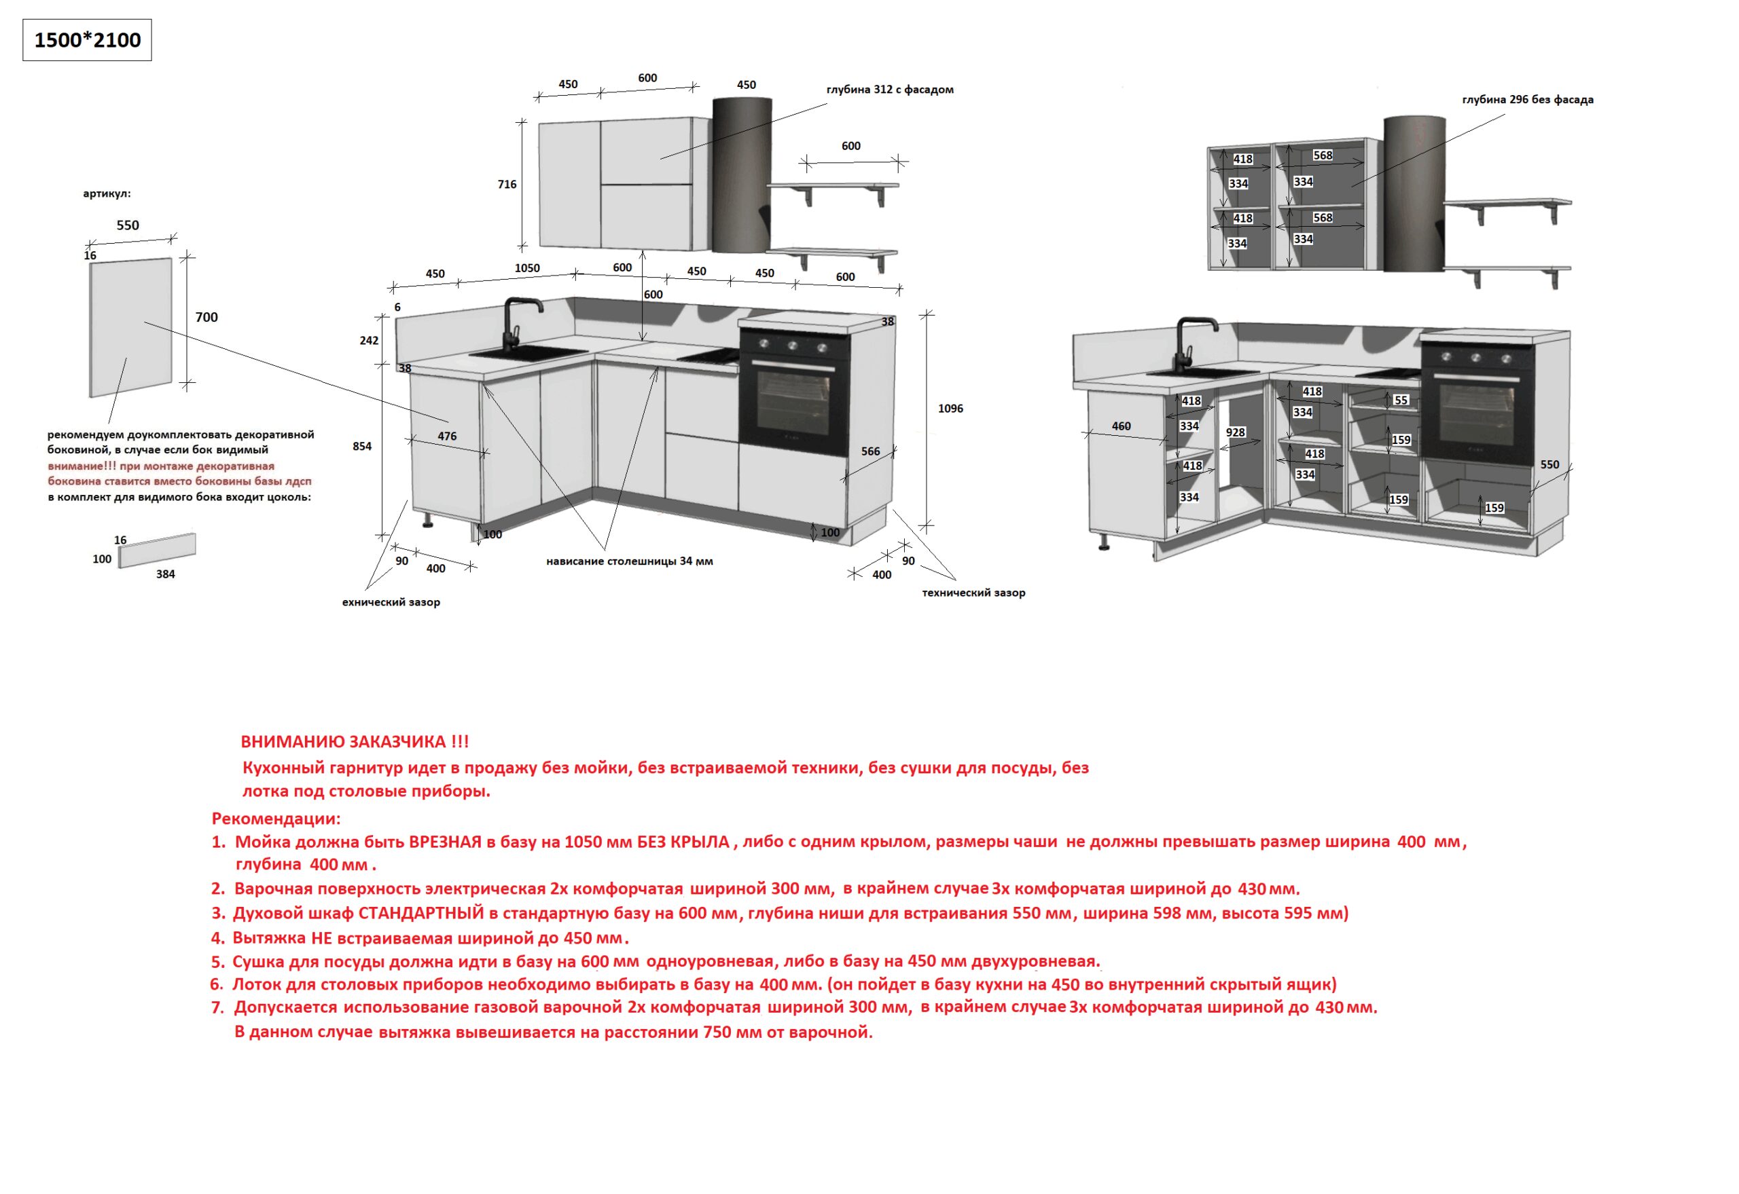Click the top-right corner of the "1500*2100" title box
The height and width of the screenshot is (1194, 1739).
(x=151, y=20)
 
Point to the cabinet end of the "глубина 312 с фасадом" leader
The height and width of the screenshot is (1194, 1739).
(x=660, y=159)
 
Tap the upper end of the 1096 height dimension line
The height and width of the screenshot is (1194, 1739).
(x=929, y=314)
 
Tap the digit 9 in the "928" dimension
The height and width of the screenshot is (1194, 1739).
(x=1228, y=432)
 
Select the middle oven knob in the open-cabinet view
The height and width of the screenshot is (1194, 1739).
(x=1475, y=358)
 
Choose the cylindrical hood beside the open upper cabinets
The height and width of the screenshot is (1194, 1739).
(x=1413, y=193)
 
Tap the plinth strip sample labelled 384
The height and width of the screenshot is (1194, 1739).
(x=157, y=550)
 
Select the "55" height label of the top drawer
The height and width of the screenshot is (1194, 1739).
(x=1401, y=400)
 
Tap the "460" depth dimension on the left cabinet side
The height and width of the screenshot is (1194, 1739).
(x=1121, y=426)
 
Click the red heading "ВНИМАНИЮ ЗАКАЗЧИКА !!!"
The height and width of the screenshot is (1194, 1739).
(x=355, y=741)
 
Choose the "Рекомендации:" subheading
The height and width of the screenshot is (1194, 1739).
(x=276, y=819)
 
